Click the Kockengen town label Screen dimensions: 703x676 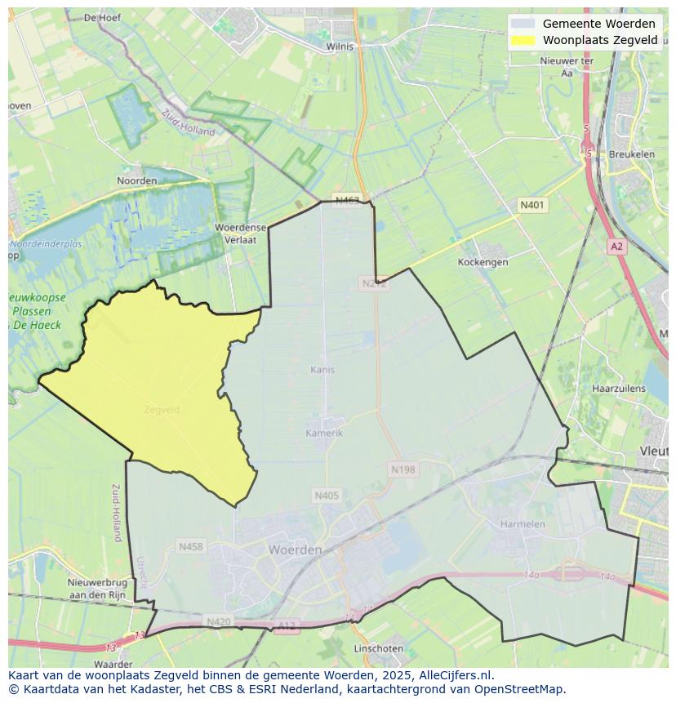pyautogui.click(x=483, y=262)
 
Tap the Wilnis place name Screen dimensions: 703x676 pyautogui.click(x=340, y=47)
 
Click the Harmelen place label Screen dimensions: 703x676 pyautogui.click(x=523, y=523)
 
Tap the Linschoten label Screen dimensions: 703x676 pyautogui.click(x=378, y=648)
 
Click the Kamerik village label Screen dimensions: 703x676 pyautogui.click(x=324, y=433)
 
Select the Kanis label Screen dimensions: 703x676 pyautogui.click(x=322, y=370)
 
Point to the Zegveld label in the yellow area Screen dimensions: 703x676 pyautogui.click(x=161, y=409)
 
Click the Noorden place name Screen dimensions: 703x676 pyautogui.click(x=136, y=180)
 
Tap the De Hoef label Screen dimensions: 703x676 pyautogui.click(x=102, y=17)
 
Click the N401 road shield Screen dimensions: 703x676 pyautogui.click(x=532, y=205)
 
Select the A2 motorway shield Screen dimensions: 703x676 pyautogui.click(x=616, y=246)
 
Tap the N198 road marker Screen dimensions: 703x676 pyautogui.click(x=402, y=469)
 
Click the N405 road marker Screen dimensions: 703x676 pyautogui.click(x=326, y=495)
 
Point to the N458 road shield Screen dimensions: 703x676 pyautogui.click(x=191, y=546)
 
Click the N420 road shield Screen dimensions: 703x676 pyautogui.click(x=218, y=621)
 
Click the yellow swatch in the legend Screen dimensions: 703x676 pyautogui.click(x=523, y=40)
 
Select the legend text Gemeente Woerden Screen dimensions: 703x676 pyautogui.click(x=598, y=24)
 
